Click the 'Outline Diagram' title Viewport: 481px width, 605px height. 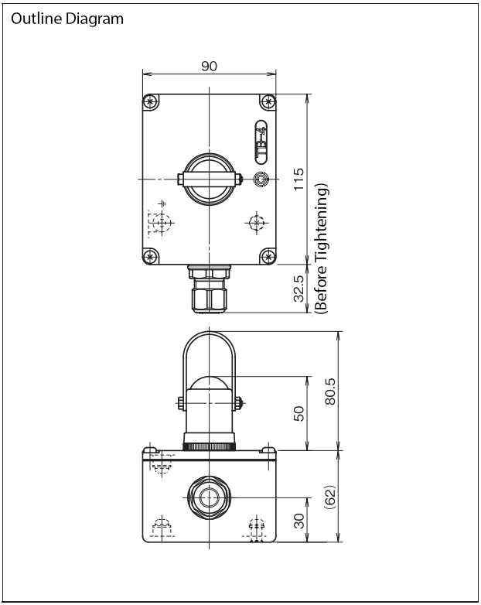coord(67,19)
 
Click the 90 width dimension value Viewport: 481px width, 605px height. coord(209,67)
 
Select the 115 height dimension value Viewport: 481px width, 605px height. coord(298,179)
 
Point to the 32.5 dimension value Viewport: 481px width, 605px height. coord(298,289)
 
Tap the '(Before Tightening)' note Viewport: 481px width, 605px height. coord(321,249)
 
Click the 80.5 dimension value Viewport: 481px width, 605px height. coord(330,391)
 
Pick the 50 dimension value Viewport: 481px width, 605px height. coord(299,414)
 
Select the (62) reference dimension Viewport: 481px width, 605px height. coord(330,496)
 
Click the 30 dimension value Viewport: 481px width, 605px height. coord(299,521)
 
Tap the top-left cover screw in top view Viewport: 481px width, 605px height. coord(151,102)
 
